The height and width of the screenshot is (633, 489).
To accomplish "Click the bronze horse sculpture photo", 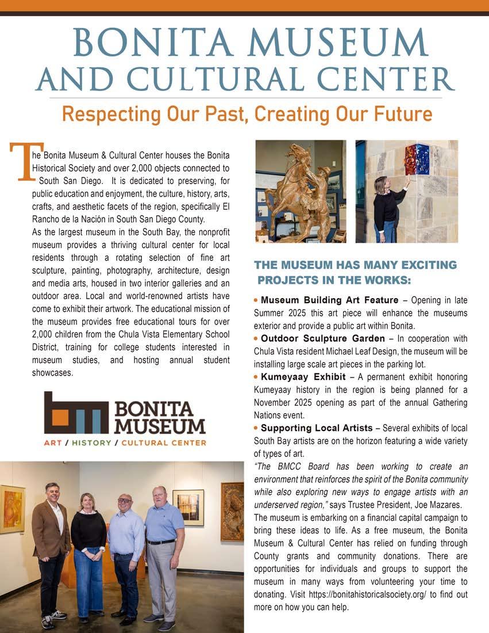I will click(301, 191).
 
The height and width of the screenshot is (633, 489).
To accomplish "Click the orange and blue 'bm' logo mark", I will click(76, 413).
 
